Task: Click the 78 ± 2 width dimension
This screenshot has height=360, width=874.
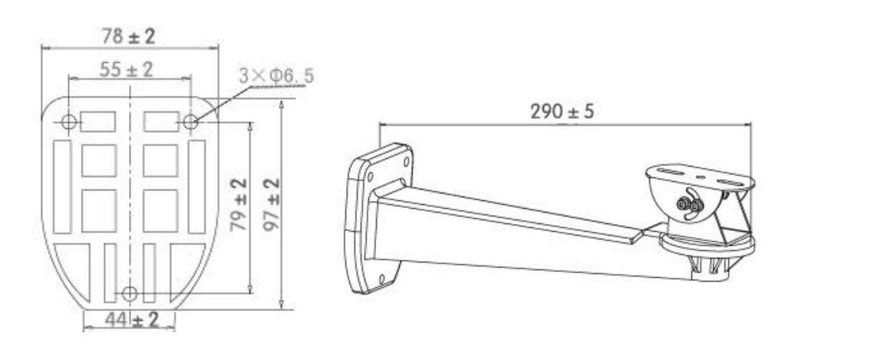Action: [129, 37]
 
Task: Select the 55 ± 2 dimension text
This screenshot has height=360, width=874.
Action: [126, 70]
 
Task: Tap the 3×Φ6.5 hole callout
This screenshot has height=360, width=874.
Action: [276, 74]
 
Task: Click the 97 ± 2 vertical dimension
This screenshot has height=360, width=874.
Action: [271, 204]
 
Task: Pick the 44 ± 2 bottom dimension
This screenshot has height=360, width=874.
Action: [132, 320]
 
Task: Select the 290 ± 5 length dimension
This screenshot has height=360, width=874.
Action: [562, 112]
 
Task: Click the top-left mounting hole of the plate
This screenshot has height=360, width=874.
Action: [68, 121]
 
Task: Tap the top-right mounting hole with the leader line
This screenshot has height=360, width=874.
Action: [190, 121]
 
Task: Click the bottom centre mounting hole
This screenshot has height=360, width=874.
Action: [130, 293]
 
